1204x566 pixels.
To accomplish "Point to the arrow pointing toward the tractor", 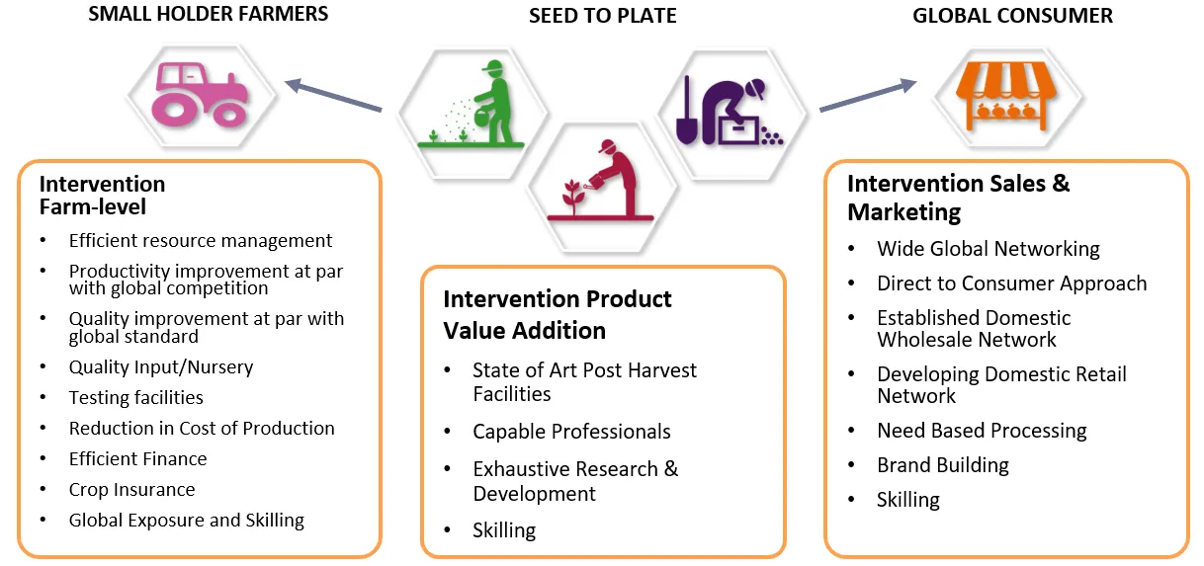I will [333, 96].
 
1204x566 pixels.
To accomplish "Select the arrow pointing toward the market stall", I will [869, 96].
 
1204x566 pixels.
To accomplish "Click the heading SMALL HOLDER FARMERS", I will [208, 14].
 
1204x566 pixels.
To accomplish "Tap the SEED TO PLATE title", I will [603, 16].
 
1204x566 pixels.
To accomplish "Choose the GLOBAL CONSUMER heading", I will [1012, 16].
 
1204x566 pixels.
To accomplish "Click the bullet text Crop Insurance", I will [131, 489].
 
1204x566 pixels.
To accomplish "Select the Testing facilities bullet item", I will [135, 397].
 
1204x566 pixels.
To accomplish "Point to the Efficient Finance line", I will [137, 458].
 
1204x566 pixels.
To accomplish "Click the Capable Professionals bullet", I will [571, 432].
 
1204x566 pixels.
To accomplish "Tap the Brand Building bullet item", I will [942, 465].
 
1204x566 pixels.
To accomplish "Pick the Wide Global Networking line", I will [988, 249].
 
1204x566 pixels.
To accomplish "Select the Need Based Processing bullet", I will [982, 431].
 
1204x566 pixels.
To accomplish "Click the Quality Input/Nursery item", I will [160, 366].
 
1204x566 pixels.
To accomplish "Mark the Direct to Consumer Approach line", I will [1011, 283].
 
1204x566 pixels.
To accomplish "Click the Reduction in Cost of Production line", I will [202, 428].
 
